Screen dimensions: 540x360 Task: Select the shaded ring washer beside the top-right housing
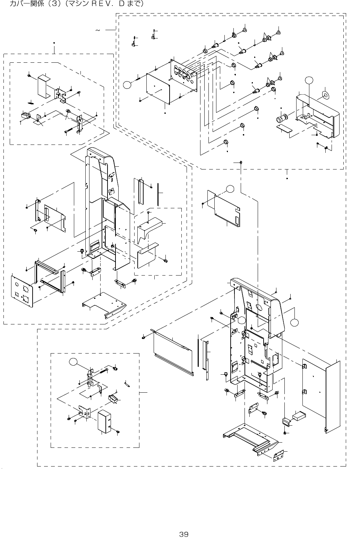coord(326,94)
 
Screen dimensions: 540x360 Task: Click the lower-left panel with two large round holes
coord(22,291)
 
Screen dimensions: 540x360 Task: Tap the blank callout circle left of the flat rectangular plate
coord(128,85)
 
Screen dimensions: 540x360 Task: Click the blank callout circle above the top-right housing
coord(309,80)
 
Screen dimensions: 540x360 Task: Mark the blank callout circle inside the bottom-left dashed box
coord(73,362)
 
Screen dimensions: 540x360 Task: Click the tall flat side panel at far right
coord(333,395)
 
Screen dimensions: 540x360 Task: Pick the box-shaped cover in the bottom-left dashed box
coord(104,421)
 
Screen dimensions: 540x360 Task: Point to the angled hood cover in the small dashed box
coord(149,227)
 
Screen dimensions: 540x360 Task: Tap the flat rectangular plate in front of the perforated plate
coord(158,88)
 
